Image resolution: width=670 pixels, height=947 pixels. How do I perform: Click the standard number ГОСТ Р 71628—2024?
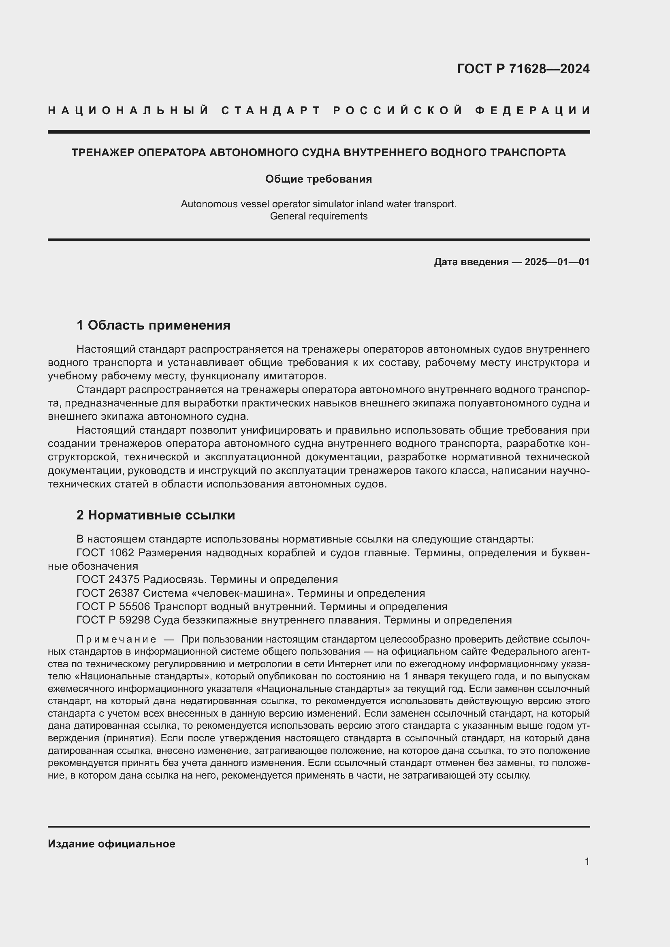[523, 69]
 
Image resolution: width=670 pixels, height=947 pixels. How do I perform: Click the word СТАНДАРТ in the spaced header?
[271, 111]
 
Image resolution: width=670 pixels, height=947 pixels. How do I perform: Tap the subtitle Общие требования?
[318, 179]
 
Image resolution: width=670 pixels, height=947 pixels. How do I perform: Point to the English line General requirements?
[318, 216]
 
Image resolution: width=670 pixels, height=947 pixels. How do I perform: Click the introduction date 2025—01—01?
[557, 262]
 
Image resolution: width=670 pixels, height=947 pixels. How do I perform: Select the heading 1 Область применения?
[154, 325]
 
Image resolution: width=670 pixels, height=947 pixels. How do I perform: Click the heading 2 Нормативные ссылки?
[156, 515]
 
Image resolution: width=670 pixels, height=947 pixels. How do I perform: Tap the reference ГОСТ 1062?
[106, 553]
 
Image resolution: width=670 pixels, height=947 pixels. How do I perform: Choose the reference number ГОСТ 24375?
[108, 579]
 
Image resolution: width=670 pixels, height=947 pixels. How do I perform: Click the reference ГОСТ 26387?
[108, 593]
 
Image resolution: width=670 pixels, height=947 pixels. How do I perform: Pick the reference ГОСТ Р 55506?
[113, 607]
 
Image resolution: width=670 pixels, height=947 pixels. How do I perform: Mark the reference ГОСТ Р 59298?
[113, 620]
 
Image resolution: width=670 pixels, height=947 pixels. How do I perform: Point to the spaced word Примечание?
[116, 640]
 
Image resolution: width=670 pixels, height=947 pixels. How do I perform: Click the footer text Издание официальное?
[111, 844]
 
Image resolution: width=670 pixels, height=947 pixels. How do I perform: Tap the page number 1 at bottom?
[587, 862]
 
